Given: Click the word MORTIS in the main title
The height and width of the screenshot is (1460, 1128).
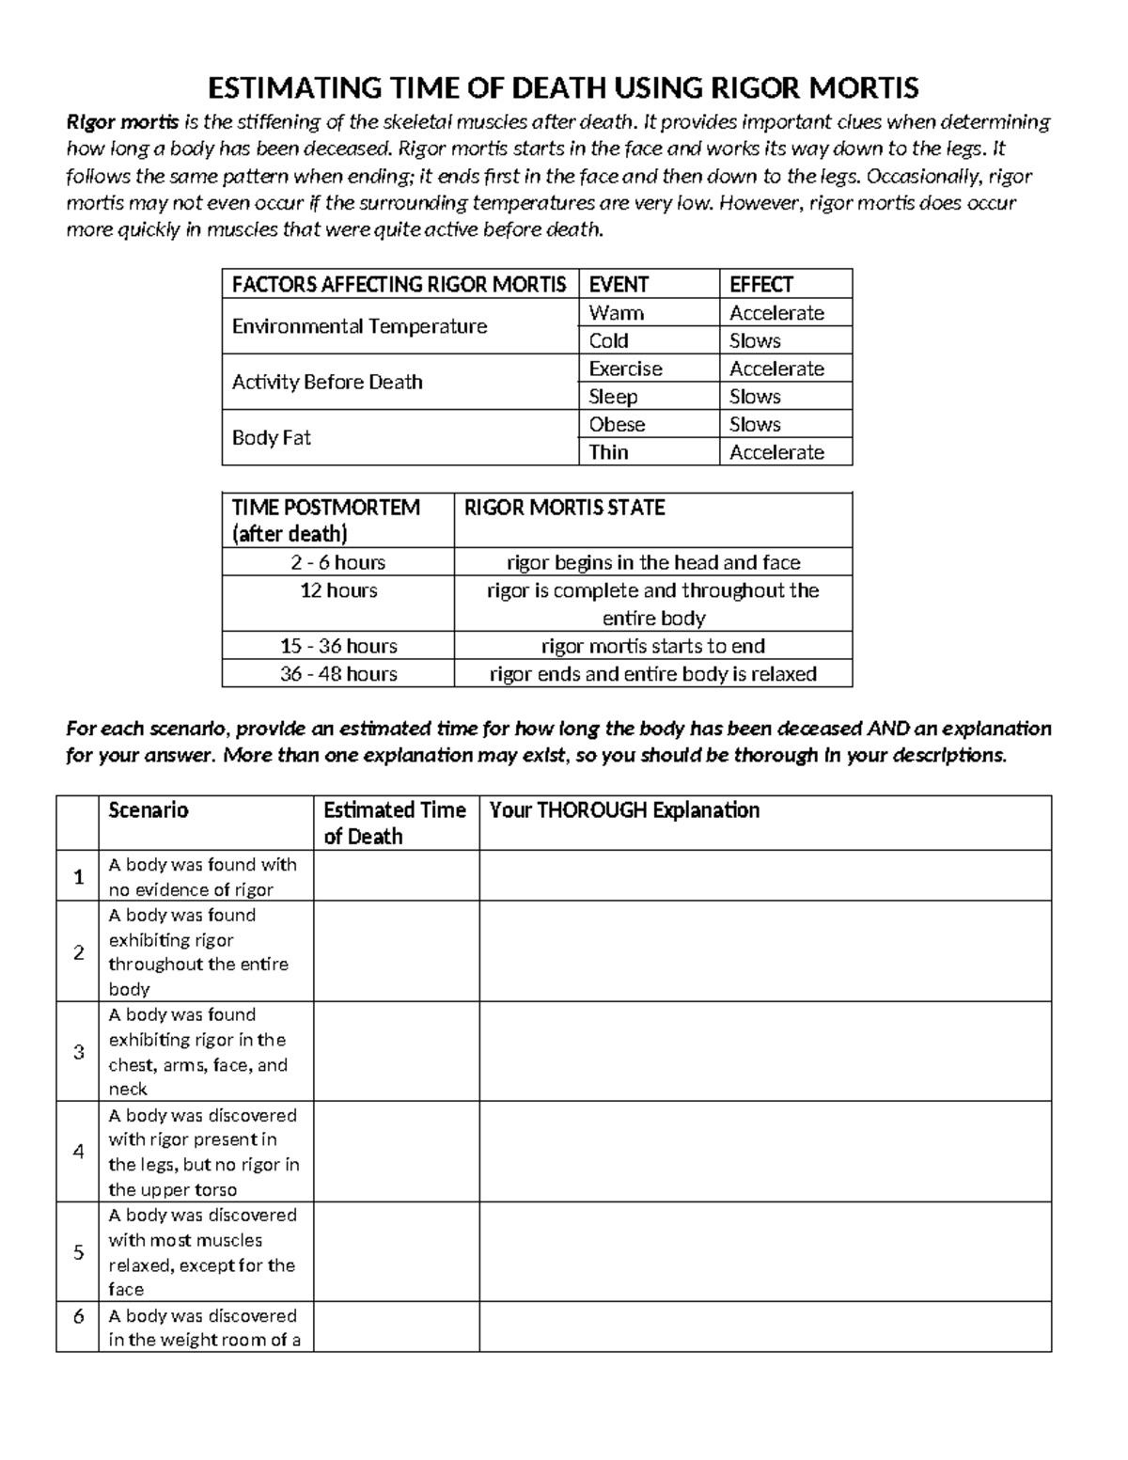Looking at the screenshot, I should click(x=857, y=88).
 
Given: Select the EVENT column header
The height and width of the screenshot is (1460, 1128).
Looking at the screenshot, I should click(x=619, y=284).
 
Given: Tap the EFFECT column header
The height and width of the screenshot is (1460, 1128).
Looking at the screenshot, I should click(x=761, y=284).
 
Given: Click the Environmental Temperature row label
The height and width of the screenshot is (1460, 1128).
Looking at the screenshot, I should click(x=359, y=326).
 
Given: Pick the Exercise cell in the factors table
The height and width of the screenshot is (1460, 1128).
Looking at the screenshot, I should click(x=625, y=369).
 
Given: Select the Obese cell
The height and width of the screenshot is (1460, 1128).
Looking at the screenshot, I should click(x=617, y=424).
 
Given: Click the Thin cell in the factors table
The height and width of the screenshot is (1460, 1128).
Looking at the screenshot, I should click(x=608, y=452).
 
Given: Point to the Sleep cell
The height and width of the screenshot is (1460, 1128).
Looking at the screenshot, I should click(x=613, y=397).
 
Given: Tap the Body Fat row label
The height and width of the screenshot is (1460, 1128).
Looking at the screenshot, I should click(x=271, y=438).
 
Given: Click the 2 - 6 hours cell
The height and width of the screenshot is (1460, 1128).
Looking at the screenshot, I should click(x=338, y=562).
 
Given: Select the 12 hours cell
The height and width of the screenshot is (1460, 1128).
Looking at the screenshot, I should click(x=338, y=590).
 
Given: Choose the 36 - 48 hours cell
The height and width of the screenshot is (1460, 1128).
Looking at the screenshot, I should click(x=338, y=674).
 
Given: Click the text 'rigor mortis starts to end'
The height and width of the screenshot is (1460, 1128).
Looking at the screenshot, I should click(x=653, y=646).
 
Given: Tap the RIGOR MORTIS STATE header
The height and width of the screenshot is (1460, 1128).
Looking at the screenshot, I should click(x=564, y=508).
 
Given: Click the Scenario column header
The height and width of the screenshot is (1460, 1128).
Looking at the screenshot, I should click(x=149, y=810).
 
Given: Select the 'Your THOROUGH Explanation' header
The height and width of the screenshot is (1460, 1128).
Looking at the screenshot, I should click(x=624, y=810).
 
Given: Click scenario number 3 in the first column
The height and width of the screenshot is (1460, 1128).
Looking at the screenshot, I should click(x=78, y=1052).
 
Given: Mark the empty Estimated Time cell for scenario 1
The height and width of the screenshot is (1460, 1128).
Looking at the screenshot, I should click(x=396, y=876).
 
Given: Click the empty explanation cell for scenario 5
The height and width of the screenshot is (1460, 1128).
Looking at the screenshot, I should click(x=765, y=1252).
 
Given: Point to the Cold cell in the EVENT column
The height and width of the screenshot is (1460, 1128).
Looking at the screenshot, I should click(x=608, y=340).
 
